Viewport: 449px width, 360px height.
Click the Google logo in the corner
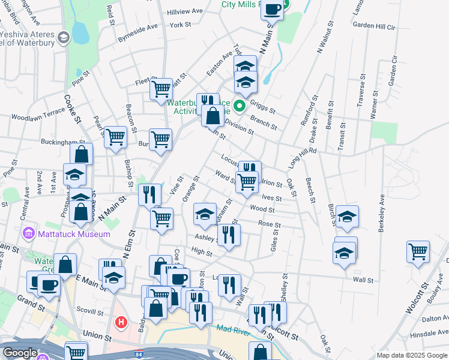coord(20,353)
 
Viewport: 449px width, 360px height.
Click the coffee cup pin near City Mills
coord(273,10)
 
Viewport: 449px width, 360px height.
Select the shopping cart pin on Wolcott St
coord(418,251)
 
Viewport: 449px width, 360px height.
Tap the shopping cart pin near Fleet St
coord(161,89)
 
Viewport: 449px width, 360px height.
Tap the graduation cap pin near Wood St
coord(205,214)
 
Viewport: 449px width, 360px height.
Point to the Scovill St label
coord(91,310)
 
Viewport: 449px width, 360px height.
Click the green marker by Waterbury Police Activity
coord(240,107)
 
